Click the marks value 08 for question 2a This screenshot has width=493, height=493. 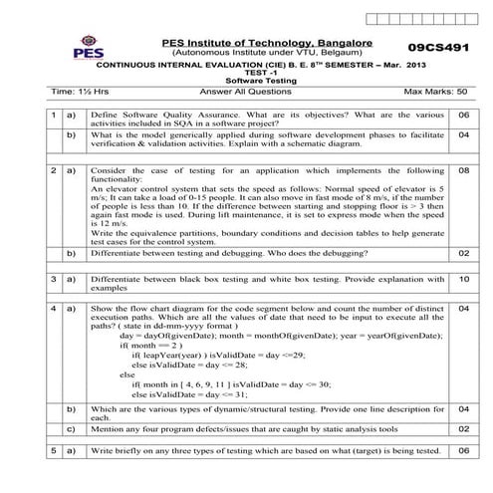463,170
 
